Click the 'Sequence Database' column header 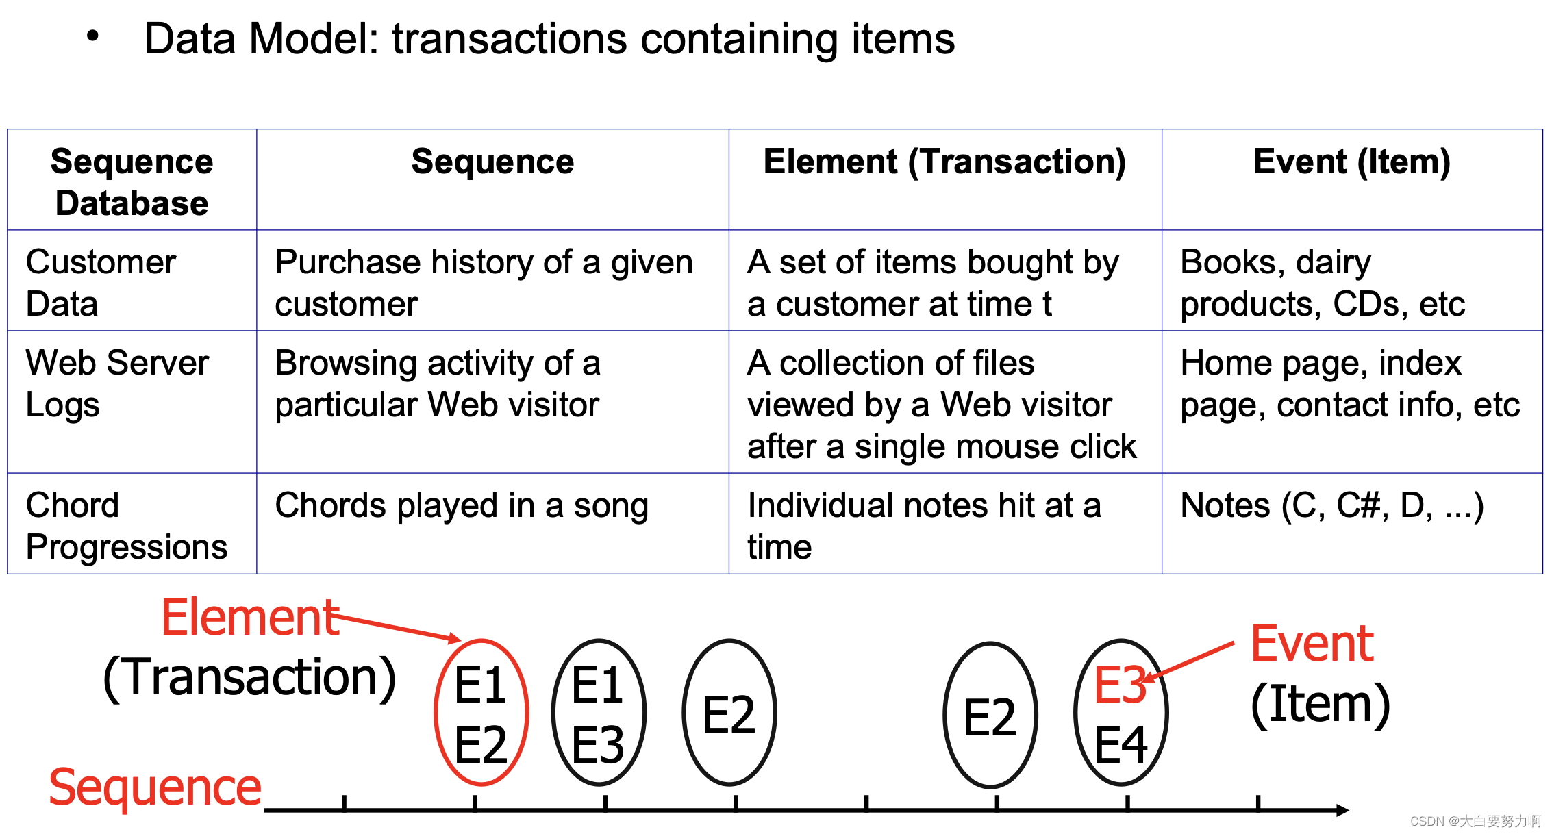tap(132, 182)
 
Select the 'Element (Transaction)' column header tap(944, 162)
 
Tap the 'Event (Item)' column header tap(1351, 162)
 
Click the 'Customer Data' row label tap(101, 282)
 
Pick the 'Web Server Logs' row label tap(116, 383)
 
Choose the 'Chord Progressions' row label tap(126, 525)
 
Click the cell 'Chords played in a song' tap(461, 506)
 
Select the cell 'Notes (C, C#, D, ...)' tap(1332, 506)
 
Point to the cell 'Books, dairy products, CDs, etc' tap(1322, 282)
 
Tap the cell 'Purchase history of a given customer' tap(484, 282)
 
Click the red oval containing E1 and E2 tap(481, 713)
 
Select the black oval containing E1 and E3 tap(599, 713)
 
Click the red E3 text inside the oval tap(1119, 685)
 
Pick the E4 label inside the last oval tap(1121, 745)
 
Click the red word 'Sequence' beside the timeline tap(155, 787)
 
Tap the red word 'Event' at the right tap(1312, 644)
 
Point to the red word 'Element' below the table tap(250, 618)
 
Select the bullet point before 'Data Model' tap(92, 36)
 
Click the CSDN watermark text tap(1475, 821)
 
